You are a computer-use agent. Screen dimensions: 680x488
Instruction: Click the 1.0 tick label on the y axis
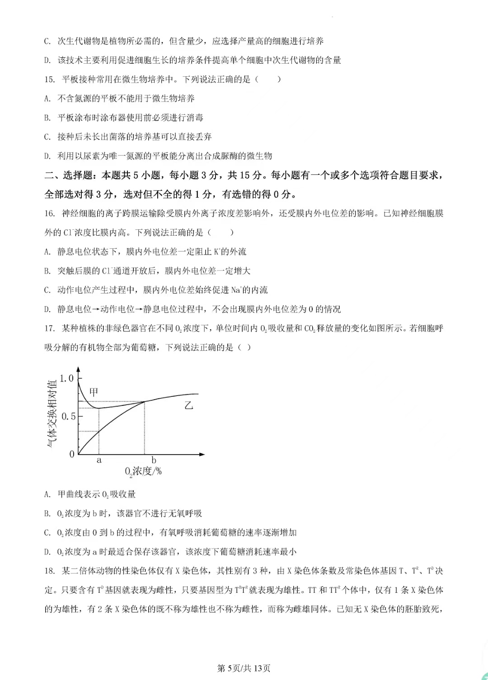click(67, 378)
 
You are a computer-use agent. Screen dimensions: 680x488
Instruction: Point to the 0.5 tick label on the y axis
click(68, 416)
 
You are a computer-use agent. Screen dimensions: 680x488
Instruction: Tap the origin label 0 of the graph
click(72, 454)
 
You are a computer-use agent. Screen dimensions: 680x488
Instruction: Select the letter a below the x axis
click(99, 461)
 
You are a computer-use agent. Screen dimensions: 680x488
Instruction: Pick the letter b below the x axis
click(154, 461)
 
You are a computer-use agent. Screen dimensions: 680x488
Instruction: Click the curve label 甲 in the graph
click(94, 392)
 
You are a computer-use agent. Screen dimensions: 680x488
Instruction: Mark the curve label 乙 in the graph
click(188, 405)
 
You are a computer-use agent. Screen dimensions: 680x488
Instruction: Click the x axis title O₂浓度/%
click(143, 471)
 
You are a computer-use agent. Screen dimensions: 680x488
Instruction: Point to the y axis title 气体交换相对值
click(52, 414)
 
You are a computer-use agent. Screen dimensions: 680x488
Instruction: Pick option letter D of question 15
click(47, 156)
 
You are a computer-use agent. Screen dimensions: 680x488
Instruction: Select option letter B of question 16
click(47, 271)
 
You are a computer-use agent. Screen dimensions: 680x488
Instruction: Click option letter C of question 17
click(47, 533)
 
